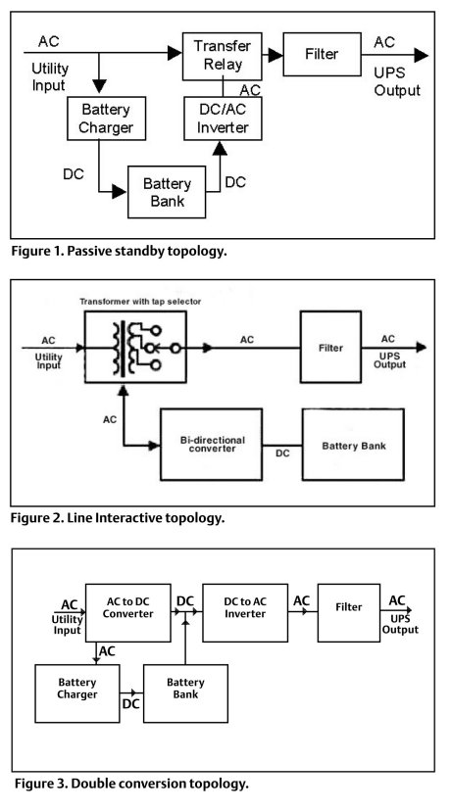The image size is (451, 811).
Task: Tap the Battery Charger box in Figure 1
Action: coord(99,119)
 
